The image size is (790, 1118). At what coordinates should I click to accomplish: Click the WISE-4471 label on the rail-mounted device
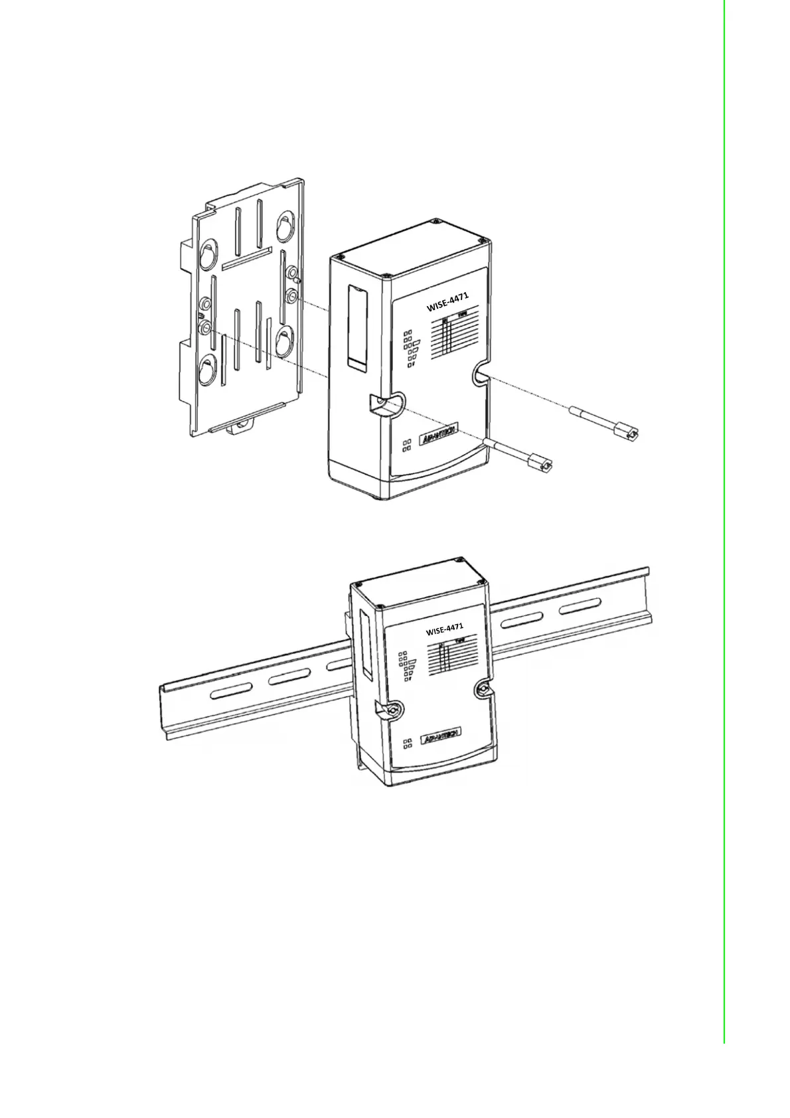444,628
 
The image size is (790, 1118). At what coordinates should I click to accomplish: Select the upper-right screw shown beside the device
605,424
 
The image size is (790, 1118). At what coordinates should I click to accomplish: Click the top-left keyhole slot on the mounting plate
206,255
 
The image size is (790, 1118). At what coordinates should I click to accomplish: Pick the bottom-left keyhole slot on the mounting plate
208,369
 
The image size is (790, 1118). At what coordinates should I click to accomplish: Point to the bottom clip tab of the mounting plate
242,426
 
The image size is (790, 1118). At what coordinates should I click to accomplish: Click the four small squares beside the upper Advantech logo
407,445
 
